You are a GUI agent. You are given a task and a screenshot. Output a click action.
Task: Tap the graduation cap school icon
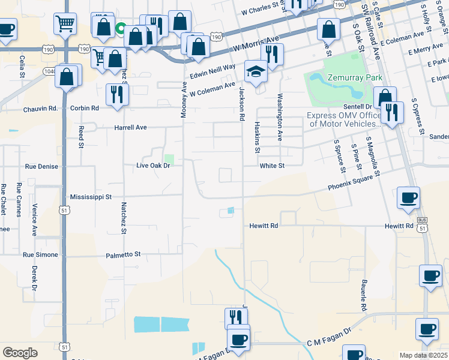[256, 73]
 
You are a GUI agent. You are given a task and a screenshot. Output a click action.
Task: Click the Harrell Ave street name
[131, 128]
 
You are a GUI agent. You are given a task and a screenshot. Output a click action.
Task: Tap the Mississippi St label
[91, 197]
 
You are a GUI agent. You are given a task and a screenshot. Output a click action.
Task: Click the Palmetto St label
[122, 254]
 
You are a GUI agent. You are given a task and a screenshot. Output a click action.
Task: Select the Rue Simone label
[41, 255]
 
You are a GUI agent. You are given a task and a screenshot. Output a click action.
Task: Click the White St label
[272, 166]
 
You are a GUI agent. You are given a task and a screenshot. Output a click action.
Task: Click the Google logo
[20, 352]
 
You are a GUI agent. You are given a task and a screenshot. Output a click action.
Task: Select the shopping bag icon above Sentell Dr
[384, 97]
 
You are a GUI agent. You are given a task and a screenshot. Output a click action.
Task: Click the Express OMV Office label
[345, 120]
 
